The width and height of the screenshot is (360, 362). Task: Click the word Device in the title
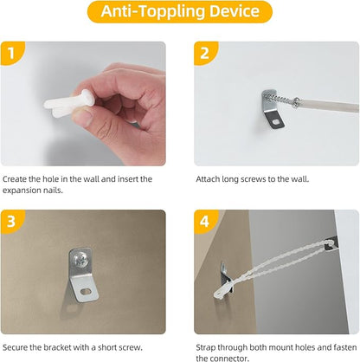(235, 11)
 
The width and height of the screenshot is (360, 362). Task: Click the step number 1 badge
(11, 53)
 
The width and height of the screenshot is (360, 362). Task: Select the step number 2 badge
(204, 53)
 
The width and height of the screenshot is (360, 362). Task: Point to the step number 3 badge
(11, 222)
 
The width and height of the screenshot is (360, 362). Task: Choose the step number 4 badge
(204, 222)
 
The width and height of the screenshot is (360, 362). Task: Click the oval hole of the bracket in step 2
(276, 122)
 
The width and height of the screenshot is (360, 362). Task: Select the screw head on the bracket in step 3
(80, 261)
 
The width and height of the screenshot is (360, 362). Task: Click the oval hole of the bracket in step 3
(86, 292)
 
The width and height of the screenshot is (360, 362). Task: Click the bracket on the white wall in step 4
(331, 243)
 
